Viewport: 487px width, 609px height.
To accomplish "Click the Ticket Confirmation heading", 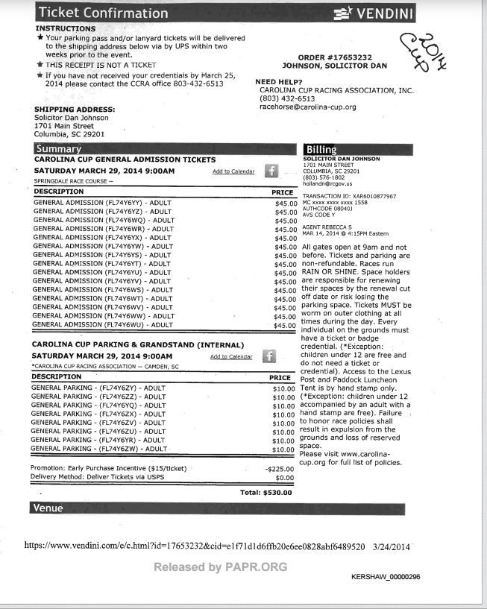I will pos(103,13).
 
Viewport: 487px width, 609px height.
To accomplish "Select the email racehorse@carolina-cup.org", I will pos(307,107).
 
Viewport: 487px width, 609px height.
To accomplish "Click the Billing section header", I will pos(319,150).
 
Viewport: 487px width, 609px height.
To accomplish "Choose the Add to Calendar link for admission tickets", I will pos(233,171).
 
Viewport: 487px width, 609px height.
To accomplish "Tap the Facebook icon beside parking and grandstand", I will pos(270,356).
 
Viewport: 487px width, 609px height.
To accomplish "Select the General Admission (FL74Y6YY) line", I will pos(103,203).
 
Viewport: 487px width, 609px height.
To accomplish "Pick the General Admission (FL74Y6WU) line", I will pos(103,325).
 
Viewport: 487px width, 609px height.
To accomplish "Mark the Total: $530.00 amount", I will pos(266,493).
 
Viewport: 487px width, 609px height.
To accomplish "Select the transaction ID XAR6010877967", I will pos(349,196).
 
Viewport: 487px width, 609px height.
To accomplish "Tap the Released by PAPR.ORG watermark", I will pos(220,567).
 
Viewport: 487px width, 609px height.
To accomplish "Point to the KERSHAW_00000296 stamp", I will pos(386,577).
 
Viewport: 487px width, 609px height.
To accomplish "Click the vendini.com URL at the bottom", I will pos(195,546).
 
